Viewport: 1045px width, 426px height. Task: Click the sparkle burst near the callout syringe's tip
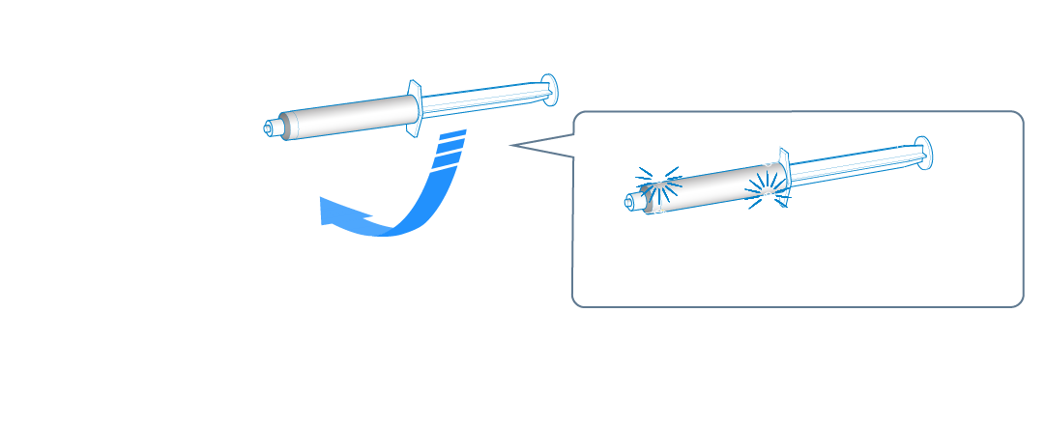[653, 185]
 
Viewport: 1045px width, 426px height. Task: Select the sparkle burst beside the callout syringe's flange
[769, 182]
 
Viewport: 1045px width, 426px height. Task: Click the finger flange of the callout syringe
[784, 174]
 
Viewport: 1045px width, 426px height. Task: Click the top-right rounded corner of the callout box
[1017, 118]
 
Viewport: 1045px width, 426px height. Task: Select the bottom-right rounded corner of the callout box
[1017, 300]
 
